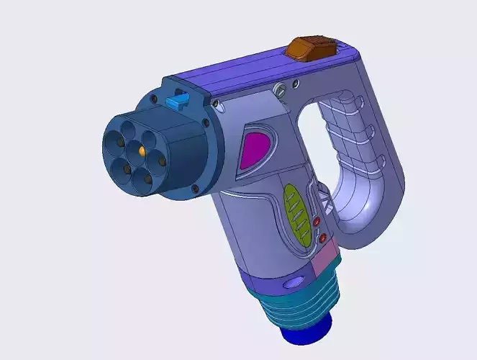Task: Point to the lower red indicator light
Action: [x=323, y=238]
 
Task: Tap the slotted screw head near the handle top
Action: [x=281, y=90]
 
